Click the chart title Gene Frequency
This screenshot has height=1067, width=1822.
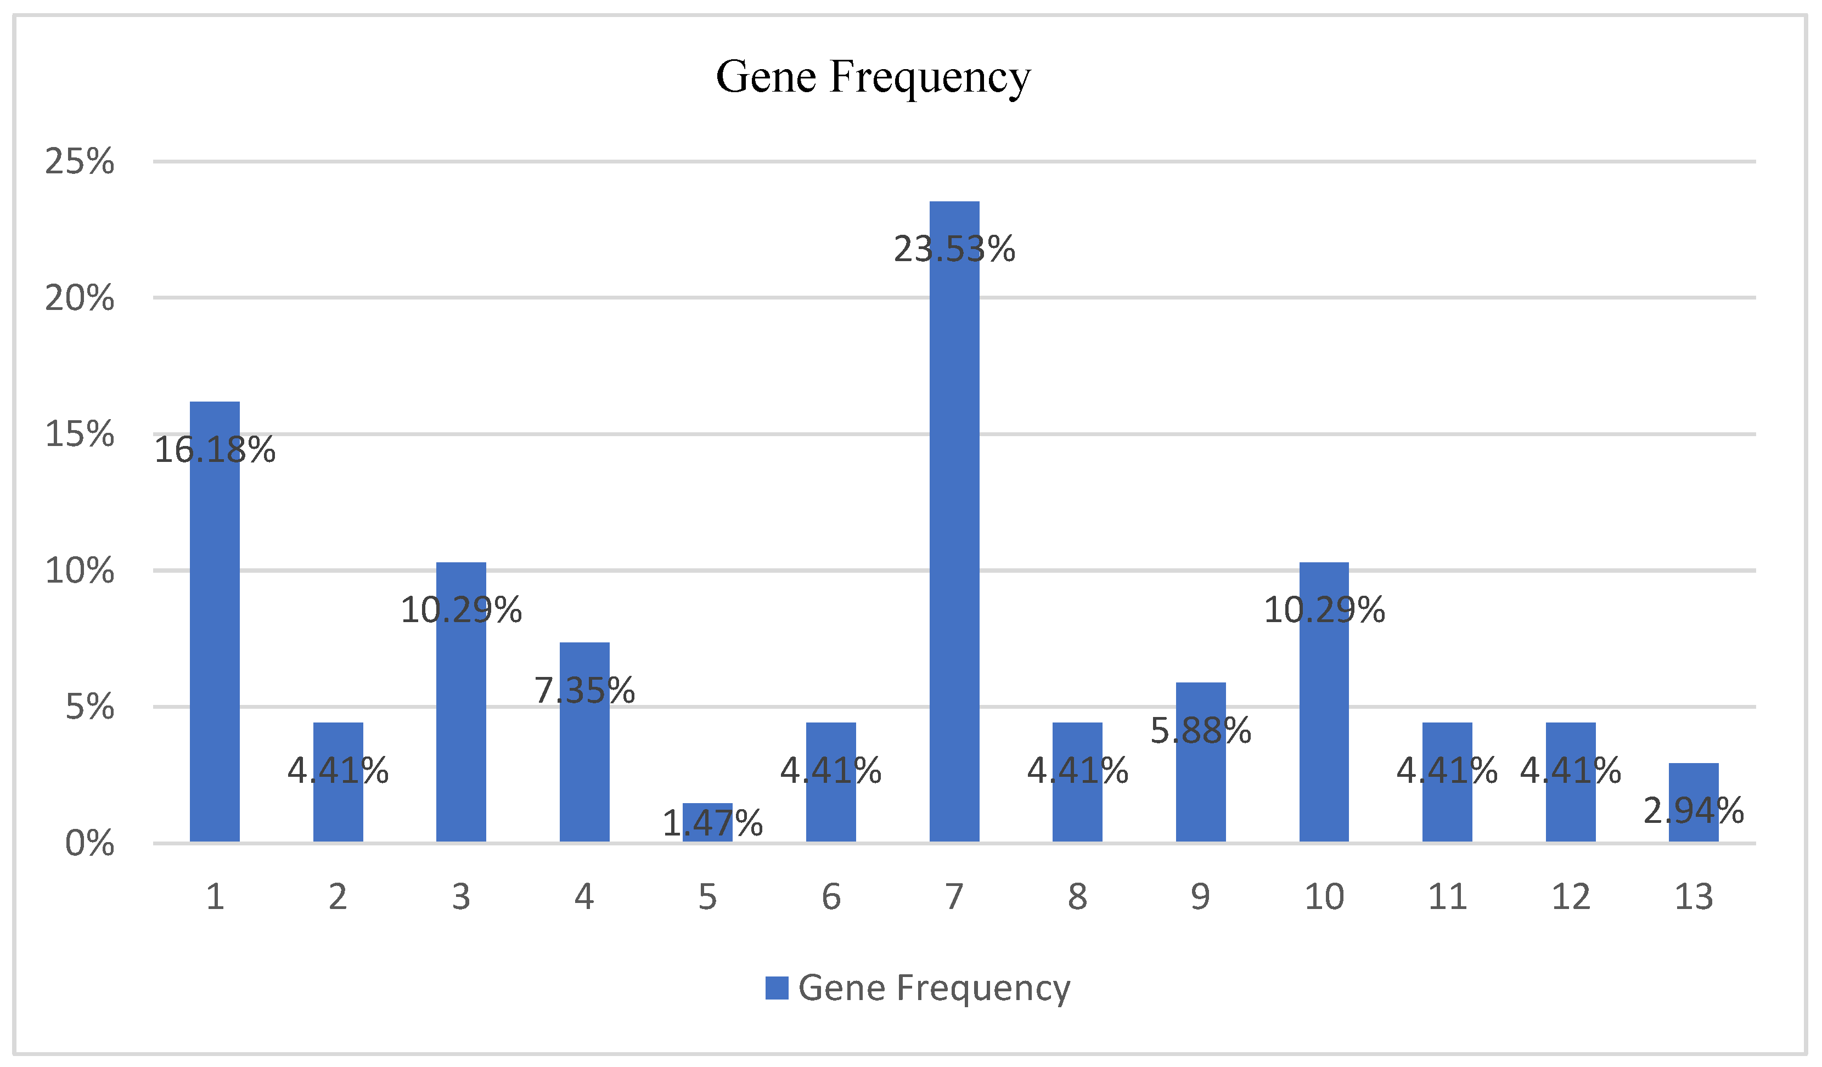[x=873, y=77]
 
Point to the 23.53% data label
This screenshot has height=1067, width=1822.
[x=954, y=250]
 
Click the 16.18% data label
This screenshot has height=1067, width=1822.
[x=215, y=450]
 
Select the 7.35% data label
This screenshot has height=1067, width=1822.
[x=584, y=690]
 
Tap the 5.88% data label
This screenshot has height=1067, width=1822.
[x=1200, y=731]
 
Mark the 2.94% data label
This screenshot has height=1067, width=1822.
[x=1693, y=811]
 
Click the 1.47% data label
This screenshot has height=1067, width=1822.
[x=712, y=823]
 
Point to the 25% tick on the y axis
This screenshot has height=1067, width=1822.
[x=80, y=161]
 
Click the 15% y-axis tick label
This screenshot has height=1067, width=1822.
[x=80, y=434]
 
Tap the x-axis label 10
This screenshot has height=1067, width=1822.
[x=1324, y=897]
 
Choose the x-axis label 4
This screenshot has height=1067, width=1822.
[x=584, y=897]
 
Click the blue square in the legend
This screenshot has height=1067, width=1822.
[x=777, y=988]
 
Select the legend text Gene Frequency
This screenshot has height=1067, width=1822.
[x=934, y=988]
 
